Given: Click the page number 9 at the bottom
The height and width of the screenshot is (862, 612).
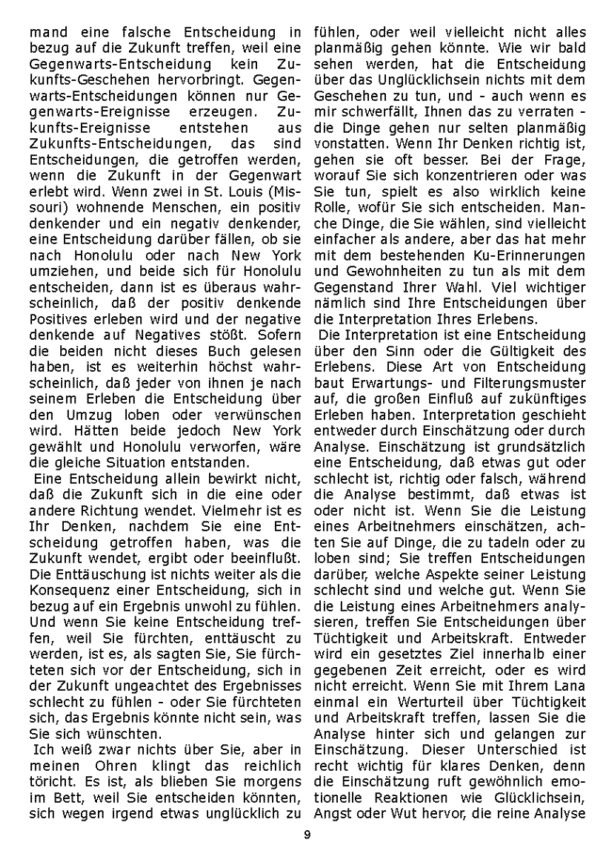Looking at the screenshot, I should click(306, 835).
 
